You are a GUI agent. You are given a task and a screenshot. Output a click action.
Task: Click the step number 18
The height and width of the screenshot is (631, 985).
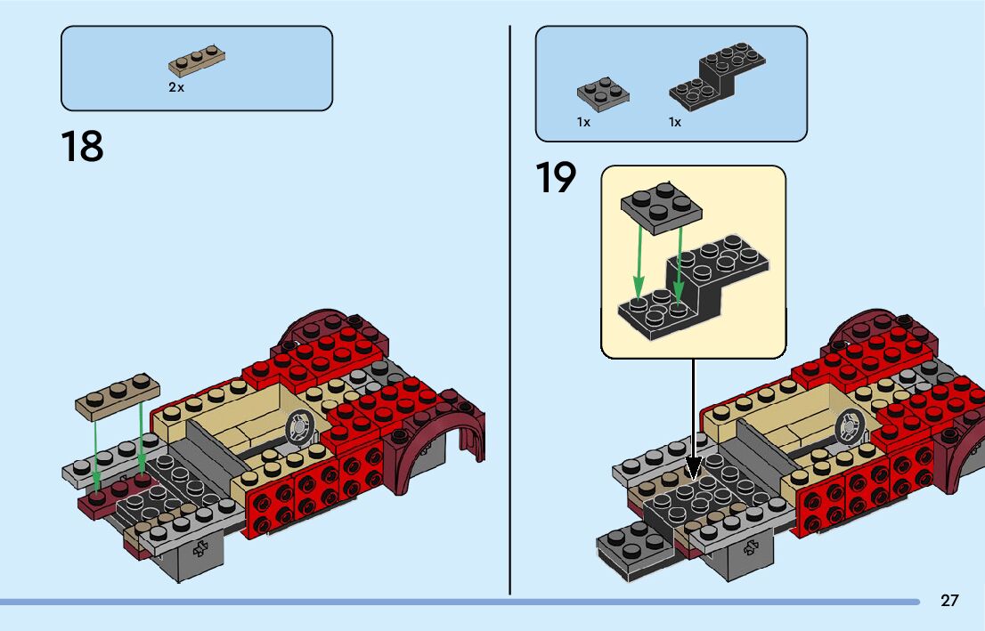[x=82, y=147]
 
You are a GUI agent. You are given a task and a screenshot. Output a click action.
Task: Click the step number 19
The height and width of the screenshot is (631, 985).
[x=556, y=178]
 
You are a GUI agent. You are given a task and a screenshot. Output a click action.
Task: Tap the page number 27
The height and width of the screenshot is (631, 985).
[x=949, y=601]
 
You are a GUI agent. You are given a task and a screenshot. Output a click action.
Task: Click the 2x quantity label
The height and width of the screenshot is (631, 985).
[x=175, y=87]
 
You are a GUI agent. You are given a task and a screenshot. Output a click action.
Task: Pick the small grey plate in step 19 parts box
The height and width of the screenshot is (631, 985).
[x=603, y=92]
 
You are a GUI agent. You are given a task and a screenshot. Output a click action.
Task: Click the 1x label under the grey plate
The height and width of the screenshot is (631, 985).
[x=583, y=122]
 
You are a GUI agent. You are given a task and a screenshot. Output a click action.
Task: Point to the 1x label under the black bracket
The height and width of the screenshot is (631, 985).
[x=675, y=122]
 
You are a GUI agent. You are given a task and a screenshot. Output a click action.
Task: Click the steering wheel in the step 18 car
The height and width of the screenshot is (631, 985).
[x=298, y=429]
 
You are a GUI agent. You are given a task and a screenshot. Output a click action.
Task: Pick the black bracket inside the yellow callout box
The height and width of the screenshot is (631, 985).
[x=695, y=285]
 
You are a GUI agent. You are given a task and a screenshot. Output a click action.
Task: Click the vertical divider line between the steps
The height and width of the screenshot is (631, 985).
[x=510, y=311]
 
